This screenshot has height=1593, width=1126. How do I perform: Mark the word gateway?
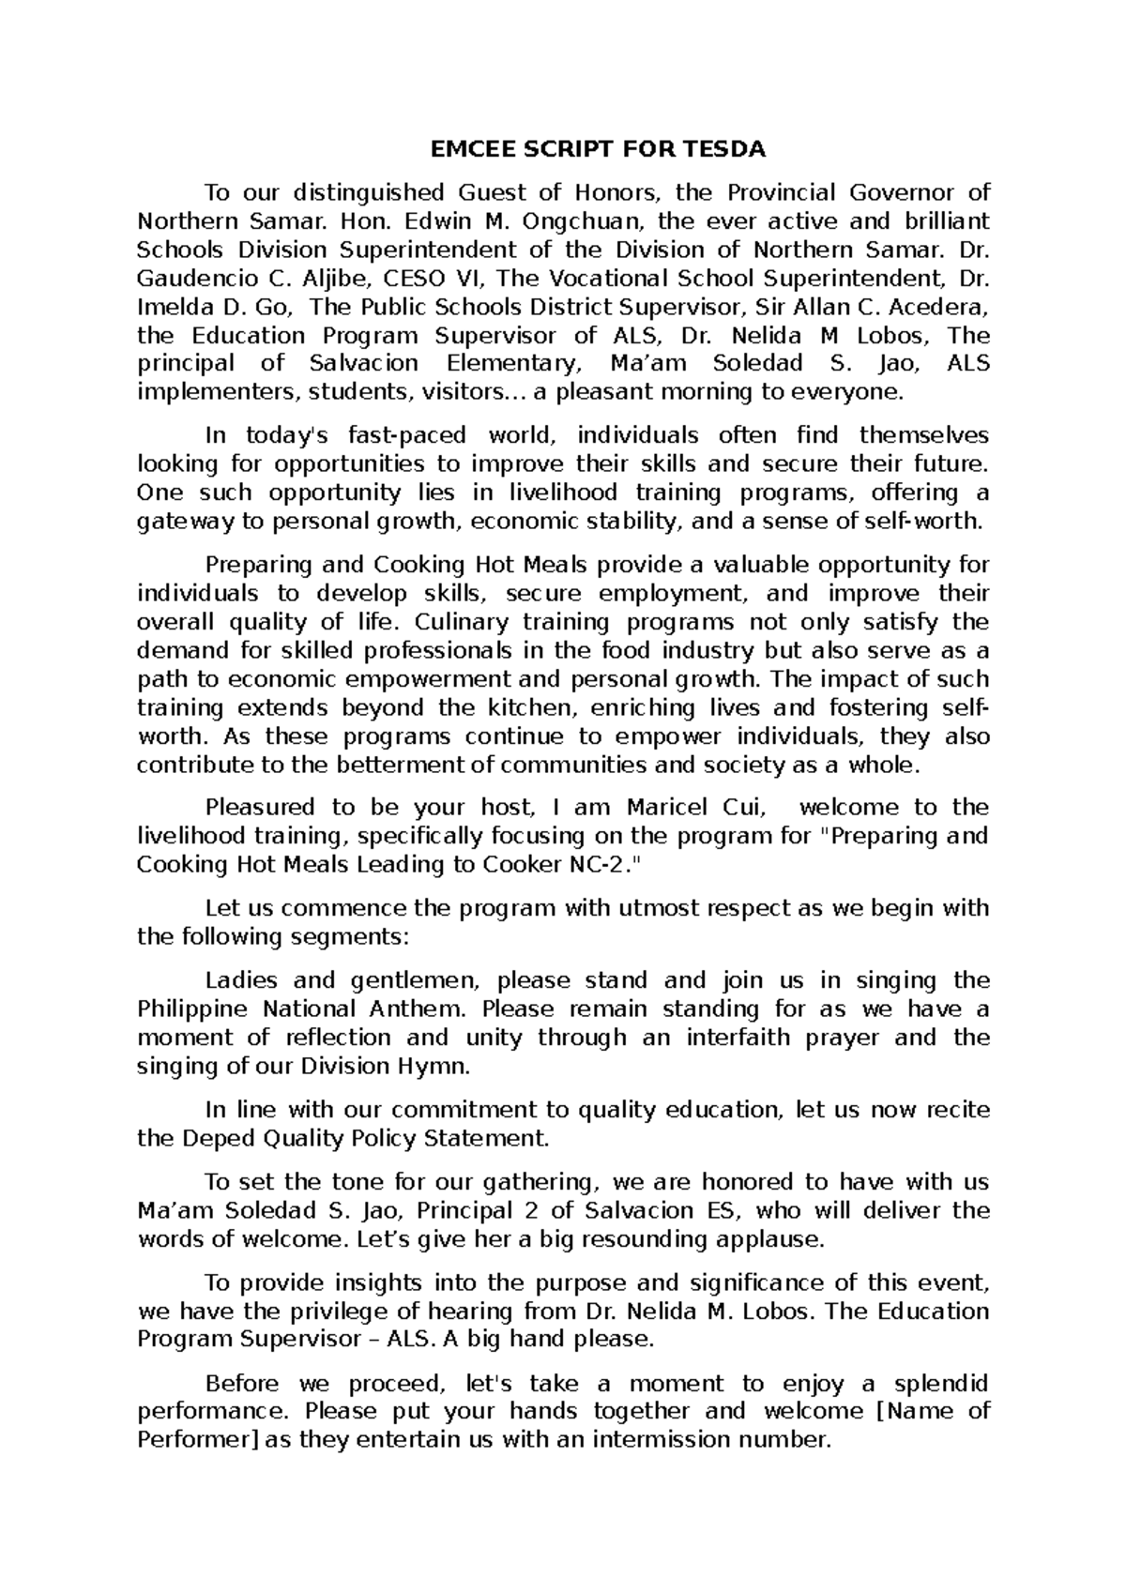tap(180, 522)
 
